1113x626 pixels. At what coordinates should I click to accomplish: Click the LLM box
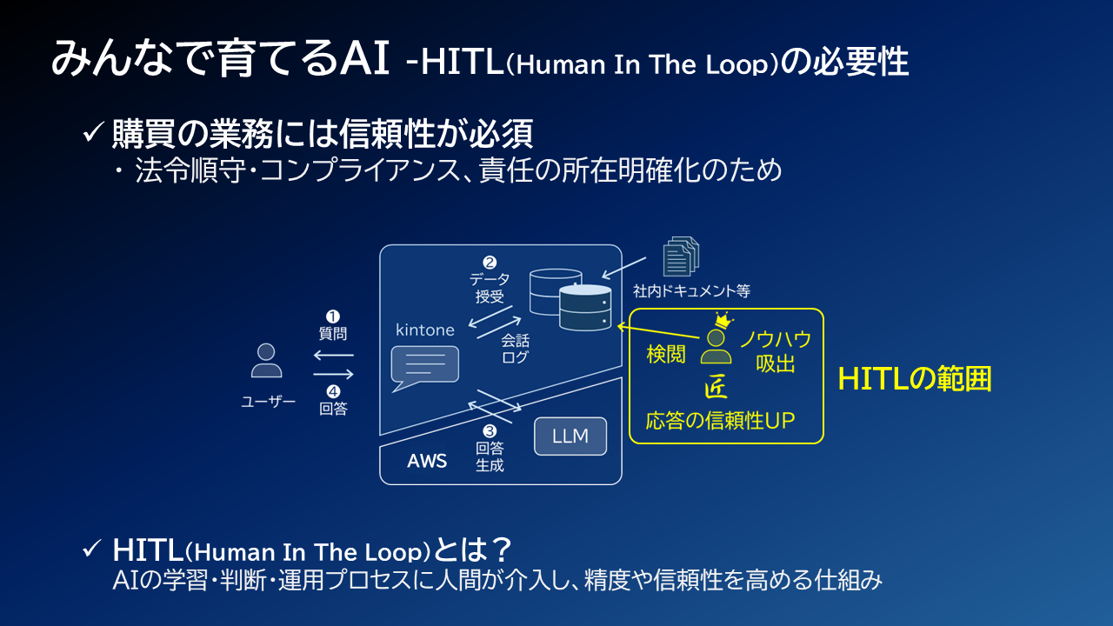click(x=570, y=436)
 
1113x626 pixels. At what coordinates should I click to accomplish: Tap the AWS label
click(x=427, y=461)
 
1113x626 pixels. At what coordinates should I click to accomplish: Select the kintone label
click(x=425, y=330)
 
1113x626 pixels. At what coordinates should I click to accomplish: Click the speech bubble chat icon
click(x=425, y=369)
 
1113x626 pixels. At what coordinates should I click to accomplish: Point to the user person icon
click(x=266, y=360)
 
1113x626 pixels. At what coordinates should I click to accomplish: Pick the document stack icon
click(x=681, y=256)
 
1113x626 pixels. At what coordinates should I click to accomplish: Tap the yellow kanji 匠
click(x=716, y=388)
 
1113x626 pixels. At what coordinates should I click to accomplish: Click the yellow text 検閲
click(x=666, y=354)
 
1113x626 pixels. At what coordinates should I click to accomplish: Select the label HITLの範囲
click(x=915, y=379)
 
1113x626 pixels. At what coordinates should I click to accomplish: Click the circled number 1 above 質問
click(x=332, y=316)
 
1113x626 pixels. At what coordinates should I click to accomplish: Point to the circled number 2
click(x=490, y=263)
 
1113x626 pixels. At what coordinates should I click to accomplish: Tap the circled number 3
click(x=490, y=430)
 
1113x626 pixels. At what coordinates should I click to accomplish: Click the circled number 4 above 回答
click(x=333, y=391)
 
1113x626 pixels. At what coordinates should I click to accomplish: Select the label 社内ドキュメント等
click(x=691, y=290)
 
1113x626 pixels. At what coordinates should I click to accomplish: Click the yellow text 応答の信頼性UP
click(x=721, y=421)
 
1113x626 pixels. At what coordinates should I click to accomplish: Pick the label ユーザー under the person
click(x=269, y=402)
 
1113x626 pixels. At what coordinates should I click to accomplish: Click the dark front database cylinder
click(x=585, y=308)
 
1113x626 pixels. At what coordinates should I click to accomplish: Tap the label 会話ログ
click(x=516, y=349)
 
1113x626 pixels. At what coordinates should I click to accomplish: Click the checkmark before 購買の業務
click(x=92, y=132)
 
